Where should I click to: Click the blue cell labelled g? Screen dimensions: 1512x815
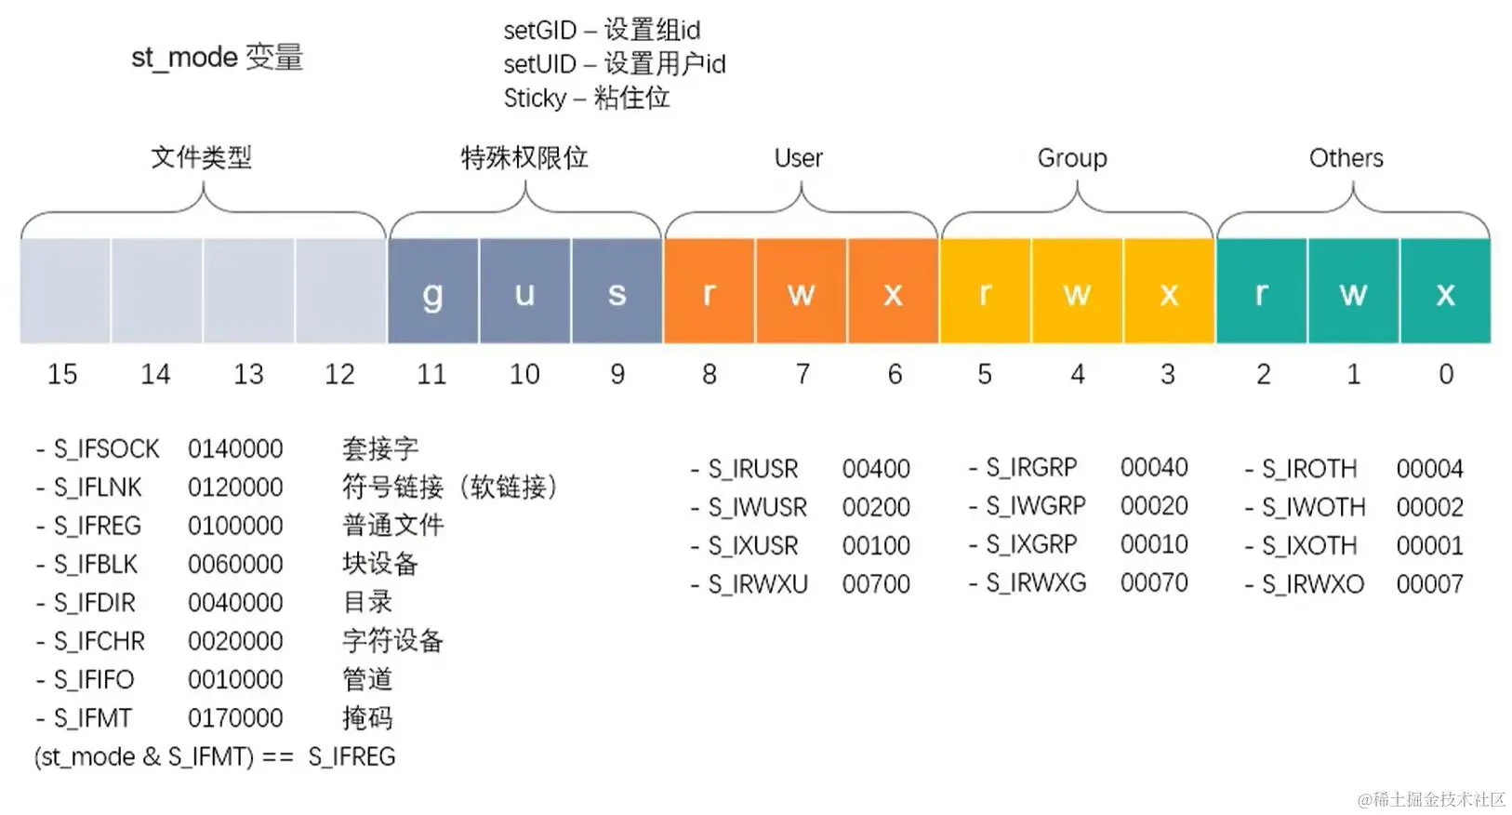click(433, 292)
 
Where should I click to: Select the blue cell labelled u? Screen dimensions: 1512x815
click(524, 292)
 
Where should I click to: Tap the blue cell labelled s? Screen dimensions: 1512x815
click(617, 292)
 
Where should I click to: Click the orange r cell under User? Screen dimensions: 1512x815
click(709, 292)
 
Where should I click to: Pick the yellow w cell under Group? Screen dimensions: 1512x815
click(1077, 292)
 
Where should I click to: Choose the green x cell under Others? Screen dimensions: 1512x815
click(1445, 292)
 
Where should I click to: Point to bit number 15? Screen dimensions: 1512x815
click(62, 374)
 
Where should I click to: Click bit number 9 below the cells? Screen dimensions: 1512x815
click(617, 374)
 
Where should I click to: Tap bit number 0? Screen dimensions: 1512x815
click(1446, 374)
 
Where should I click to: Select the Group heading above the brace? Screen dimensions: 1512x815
click(1072, 158)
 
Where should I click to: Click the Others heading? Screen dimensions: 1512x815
click(1346, 158)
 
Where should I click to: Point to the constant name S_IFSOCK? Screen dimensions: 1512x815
click(106, 449)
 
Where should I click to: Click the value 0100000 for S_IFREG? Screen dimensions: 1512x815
click(235, 526)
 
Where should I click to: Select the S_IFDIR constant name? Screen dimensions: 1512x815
click(94, 603)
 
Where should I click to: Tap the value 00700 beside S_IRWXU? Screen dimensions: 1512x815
click(876, 584)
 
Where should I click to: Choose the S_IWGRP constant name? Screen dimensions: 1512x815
click(1035, 506)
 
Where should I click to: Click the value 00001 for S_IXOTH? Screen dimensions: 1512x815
click(1429, 546)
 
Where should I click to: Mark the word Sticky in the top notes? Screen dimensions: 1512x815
click(535, 98)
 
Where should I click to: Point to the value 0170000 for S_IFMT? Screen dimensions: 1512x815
click(235, 718)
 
